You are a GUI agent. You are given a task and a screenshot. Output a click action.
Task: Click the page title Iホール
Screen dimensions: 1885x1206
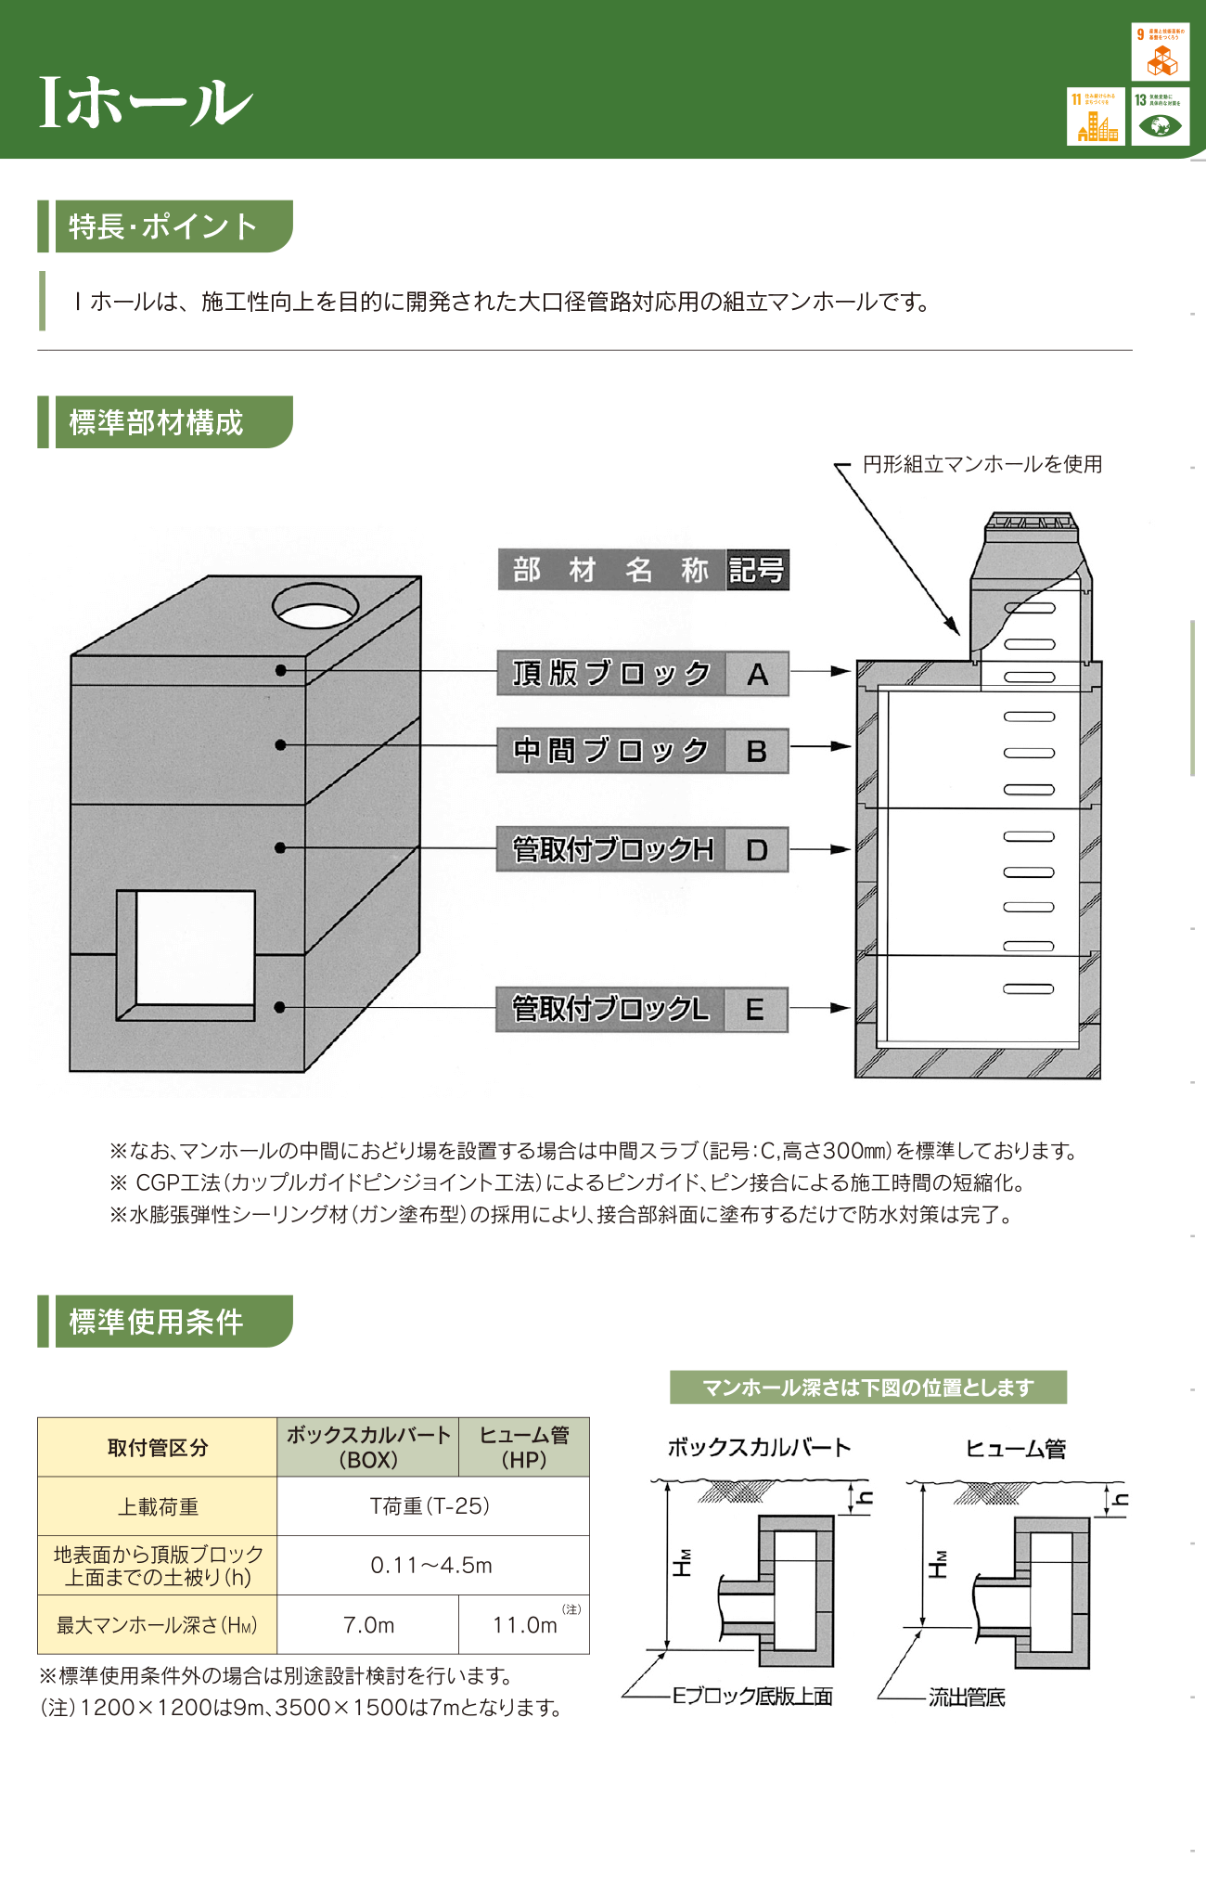(145, 101)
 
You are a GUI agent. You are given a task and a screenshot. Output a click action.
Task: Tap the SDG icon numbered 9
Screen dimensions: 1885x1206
(1160, 53)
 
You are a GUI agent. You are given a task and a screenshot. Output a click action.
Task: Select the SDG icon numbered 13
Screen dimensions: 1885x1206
(1160, 116)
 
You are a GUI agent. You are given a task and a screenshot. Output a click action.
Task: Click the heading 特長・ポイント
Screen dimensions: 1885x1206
(164, 226)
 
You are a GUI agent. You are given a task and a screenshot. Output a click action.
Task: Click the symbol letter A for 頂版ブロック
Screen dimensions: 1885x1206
(757, 674)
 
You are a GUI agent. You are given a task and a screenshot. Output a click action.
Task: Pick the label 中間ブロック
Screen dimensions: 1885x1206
(611, 750)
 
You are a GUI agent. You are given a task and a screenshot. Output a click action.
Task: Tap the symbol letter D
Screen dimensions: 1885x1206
(757, 850)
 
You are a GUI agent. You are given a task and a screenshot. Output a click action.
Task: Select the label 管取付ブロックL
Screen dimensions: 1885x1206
(611, 1009)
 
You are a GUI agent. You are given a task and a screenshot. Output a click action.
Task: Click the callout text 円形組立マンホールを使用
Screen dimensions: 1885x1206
(981, 464)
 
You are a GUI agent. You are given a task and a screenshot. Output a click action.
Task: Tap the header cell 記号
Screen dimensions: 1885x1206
(757, 570)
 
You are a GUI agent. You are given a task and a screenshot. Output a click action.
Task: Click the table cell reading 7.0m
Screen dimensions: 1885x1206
(368, 1625)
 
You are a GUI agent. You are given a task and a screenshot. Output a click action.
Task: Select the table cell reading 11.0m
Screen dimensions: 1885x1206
(525, 1625)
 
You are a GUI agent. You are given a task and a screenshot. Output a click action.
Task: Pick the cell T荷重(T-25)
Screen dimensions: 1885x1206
(431, 1505)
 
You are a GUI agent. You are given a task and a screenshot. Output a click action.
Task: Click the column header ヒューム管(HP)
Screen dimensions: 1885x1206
(524, 1447)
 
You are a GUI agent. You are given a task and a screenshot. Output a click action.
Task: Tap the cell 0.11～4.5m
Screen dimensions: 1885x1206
(431, 1565)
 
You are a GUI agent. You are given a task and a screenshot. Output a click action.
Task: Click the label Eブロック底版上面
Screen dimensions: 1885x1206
(752, 1697)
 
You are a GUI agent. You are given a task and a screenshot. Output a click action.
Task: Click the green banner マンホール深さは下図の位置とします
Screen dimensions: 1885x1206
(867, 1388)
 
